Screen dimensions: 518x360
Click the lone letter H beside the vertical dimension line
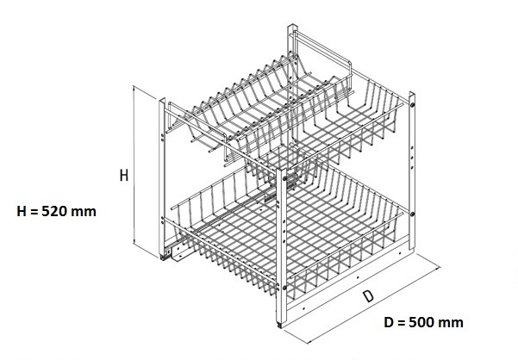124,175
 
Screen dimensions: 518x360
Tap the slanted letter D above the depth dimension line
368,296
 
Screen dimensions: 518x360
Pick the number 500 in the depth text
421,322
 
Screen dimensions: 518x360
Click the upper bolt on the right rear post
412,104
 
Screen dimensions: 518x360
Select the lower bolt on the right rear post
412,214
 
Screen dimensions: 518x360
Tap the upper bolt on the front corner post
284,179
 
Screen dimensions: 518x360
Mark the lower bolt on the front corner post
284,288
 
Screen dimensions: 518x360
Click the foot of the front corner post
280,325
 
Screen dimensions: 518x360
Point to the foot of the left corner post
162,257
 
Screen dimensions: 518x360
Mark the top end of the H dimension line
133,85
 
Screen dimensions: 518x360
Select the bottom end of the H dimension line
133,245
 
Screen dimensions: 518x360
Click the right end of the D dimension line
440,269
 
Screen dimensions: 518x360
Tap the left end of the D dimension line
308,343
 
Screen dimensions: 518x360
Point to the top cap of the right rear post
412,94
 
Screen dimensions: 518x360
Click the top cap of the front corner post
282,170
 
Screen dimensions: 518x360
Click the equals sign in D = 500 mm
401,323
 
